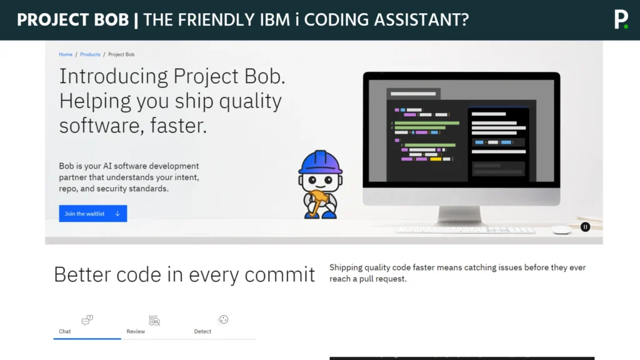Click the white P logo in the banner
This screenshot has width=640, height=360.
pyautogui.click(x=621, y=19)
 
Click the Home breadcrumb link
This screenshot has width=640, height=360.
pyautogui.click(x=66, y=54)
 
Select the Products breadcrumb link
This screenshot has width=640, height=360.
pyautogui.click(x=90, y=54)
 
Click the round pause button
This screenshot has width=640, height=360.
pyautogui.click(x=585, y=227)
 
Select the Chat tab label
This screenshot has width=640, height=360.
pyautogui.click(x=65, y=331)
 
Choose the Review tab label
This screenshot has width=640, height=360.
pyautogui.click(x=136, y=331)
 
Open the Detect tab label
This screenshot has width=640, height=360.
pyautogui.click(x=202, y=331)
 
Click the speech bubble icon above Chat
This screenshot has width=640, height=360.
pyautogui.click(x=87, y=321)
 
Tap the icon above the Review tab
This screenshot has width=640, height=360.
pyautogui.click(x=154, y=321)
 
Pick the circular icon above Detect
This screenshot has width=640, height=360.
pyautogui.click(x=223, y=320)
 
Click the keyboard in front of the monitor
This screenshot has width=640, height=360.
pyautogui.click(x=466, y=230)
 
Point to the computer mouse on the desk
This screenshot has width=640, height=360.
pyautogui.click(x=561, y=230)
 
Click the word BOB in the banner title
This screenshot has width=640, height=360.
pyautogui.click(x=112, y=20)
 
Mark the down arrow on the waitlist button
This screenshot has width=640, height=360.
pyautogui.click(x=117, y=214)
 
